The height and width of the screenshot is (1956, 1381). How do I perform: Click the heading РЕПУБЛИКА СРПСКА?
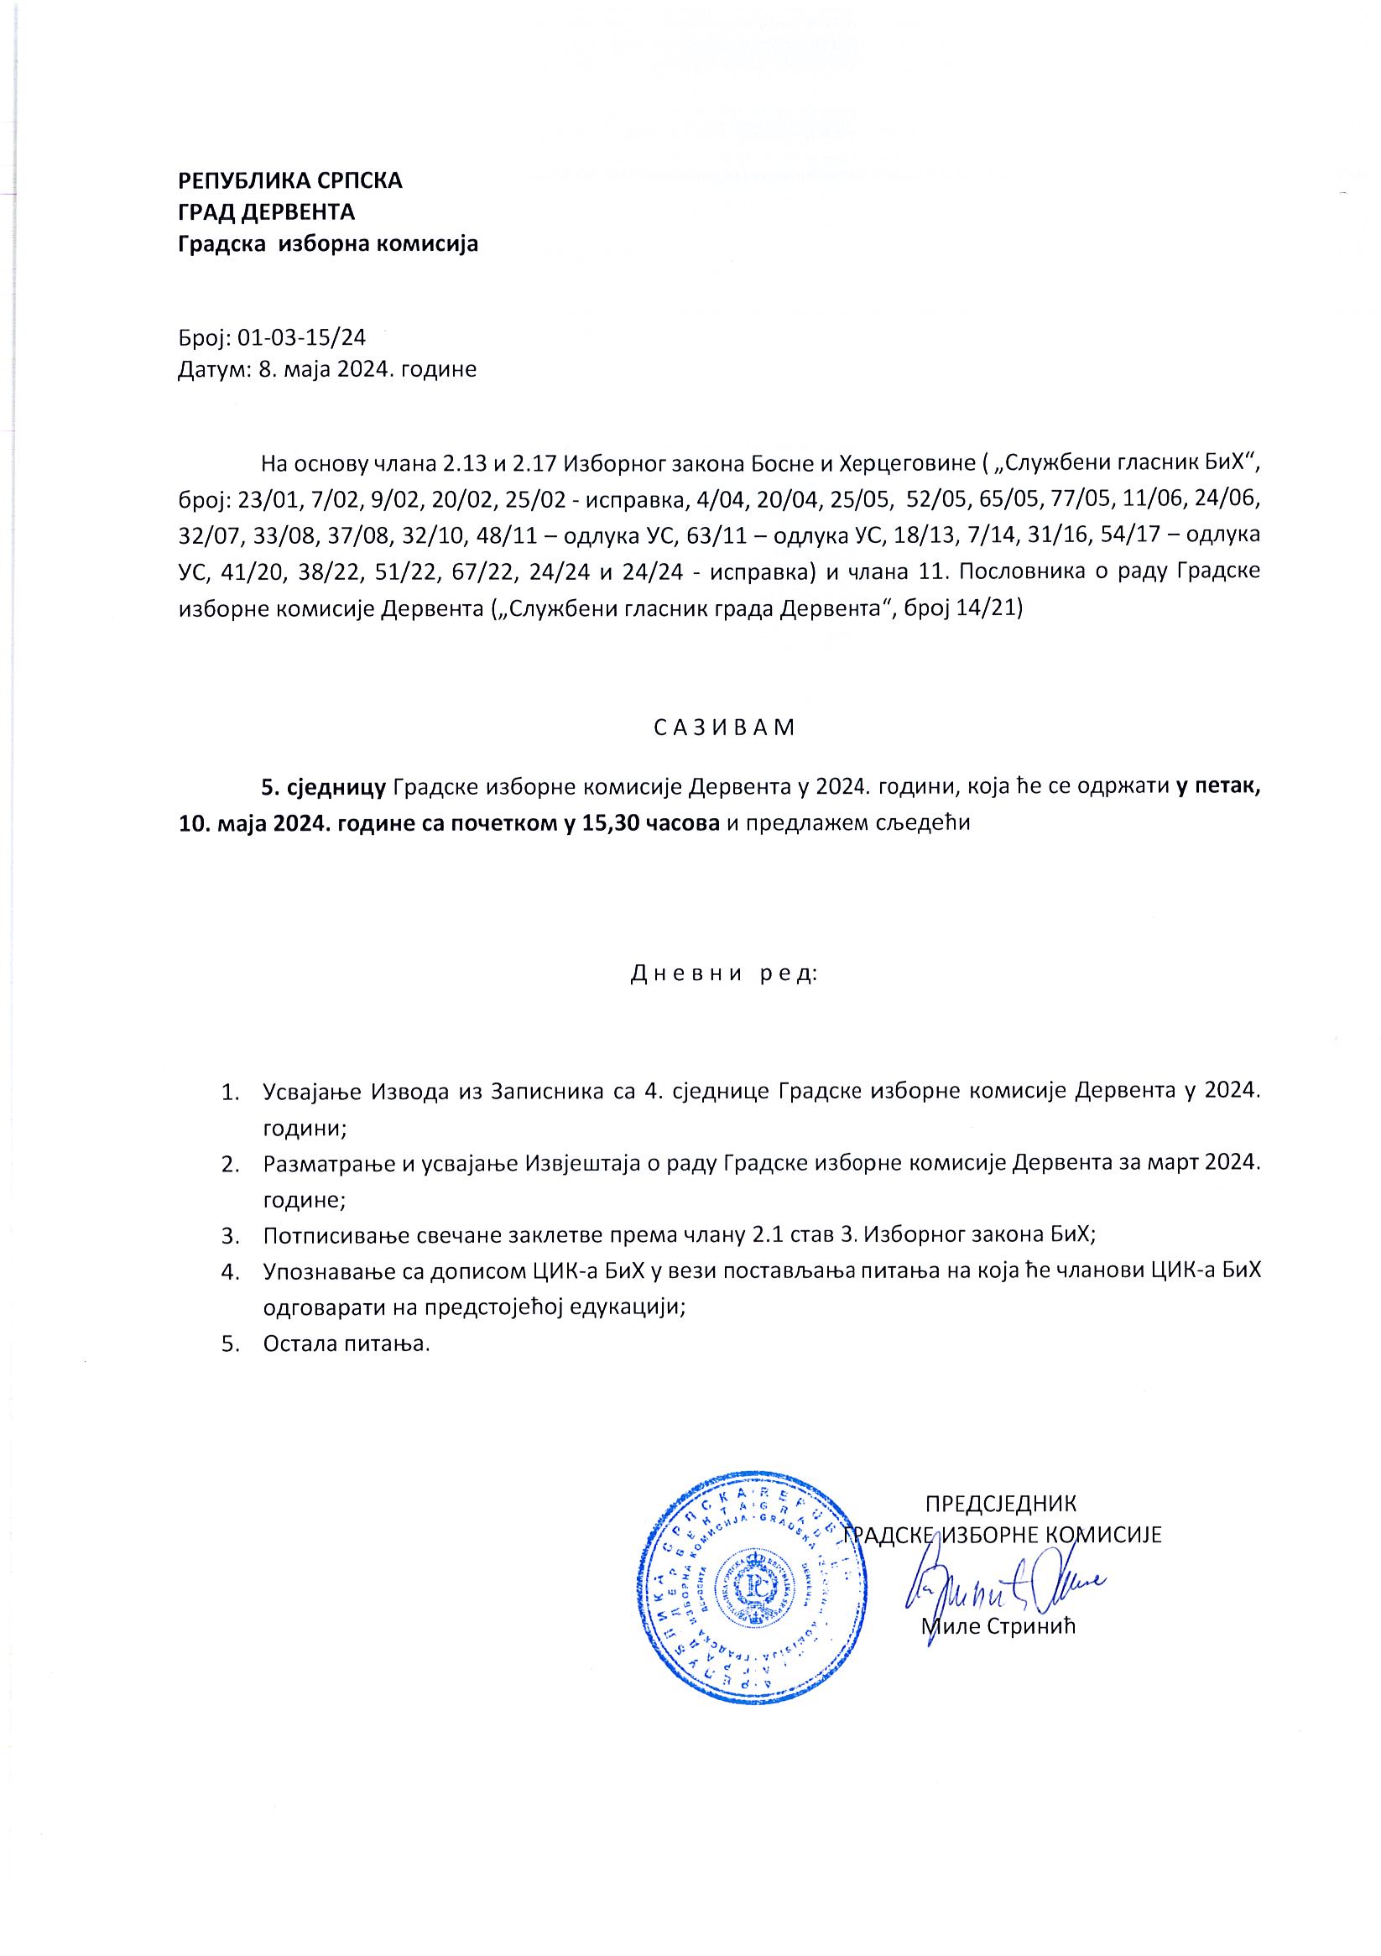click(289, 180)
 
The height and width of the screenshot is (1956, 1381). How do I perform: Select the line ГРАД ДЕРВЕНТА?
click(266, 212)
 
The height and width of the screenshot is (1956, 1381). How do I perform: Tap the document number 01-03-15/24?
click(300, 338)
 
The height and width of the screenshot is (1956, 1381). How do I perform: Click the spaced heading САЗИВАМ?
click(724, 728)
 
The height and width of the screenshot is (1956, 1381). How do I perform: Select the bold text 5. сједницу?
click(325, 787)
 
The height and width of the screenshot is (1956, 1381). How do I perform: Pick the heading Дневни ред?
click(724, 973)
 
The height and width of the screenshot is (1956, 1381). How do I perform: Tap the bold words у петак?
click(1217, 787)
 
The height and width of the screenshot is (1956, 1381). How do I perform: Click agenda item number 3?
click(228, 1235)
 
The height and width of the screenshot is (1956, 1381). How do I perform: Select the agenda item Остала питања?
click(347, 1344)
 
